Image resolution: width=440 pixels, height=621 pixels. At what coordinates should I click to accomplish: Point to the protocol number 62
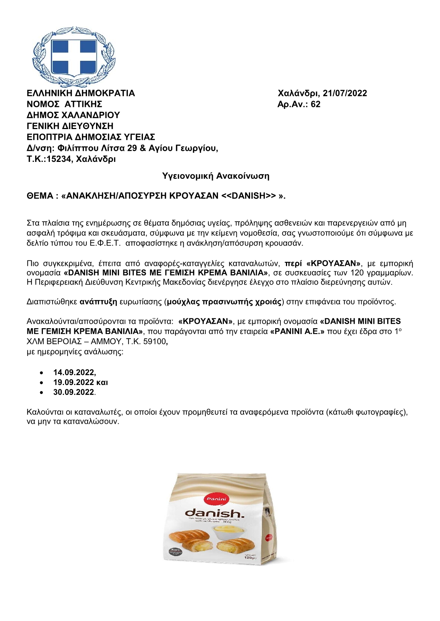(315, 104)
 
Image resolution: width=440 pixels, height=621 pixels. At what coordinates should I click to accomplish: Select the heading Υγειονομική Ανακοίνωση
(216, 176)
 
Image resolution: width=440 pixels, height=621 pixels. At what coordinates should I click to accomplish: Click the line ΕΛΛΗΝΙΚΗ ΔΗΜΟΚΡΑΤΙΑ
(81, 93)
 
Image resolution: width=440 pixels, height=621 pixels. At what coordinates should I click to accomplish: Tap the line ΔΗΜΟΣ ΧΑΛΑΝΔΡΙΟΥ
(73, 115)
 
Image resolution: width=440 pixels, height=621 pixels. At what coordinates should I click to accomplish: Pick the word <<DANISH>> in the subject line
(248, 196)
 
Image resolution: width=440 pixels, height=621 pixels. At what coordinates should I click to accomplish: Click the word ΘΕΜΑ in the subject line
(40, 196)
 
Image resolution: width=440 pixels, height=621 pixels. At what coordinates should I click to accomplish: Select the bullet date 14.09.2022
(74, 372)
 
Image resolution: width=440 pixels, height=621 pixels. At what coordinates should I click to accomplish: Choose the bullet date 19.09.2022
(74, 382)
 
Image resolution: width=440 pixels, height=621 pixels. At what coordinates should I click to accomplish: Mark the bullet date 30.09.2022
(74, 392)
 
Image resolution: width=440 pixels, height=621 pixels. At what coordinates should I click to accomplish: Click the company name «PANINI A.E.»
(297, 332)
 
